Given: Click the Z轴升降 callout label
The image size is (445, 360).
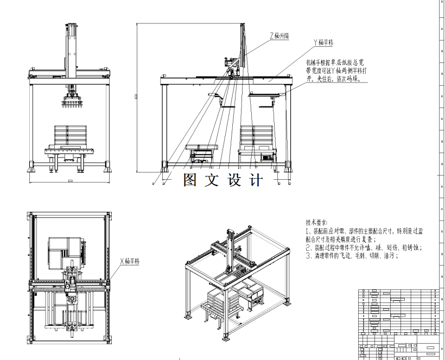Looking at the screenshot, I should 279,35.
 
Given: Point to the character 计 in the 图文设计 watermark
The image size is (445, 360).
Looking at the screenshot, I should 255,179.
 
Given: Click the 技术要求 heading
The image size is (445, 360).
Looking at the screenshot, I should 316,223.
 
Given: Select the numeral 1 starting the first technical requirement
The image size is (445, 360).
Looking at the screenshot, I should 308,231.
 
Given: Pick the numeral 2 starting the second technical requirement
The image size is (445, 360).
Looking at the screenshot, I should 308,247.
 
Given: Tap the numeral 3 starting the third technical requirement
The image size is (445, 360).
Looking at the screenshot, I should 308,255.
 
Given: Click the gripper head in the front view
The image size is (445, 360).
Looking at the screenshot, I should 71,101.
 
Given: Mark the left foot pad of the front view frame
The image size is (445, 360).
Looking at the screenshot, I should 31,165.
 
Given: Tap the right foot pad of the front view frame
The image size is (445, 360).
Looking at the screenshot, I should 107,165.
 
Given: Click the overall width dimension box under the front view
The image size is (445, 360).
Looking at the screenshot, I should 69,179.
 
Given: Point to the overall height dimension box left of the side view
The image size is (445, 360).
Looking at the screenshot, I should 136,97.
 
